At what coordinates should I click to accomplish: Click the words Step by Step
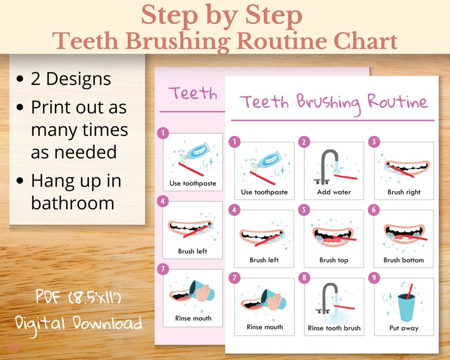(222, 16)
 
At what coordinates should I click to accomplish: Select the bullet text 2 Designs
(71, 79)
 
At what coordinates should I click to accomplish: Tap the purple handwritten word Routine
(397, 103)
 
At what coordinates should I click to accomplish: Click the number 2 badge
(304, 142)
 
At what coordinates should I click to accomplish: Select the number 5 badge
(304, 210)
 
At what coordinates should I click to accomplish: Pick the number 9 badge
(373, 278)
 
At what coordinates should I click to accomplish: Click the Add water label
(334, 192)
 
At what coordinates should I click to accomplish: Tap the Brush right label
(404, 192)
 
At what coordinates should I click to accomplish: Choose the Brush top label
(334, 260)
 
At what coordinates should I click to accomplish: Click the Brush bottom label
(404, 260)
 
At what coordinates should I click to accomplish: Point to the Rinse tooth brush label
(334, 328)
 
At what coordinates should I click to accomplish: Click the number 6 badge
(373, 210)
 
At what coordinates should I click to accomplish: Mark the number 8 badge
(304, 278)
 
